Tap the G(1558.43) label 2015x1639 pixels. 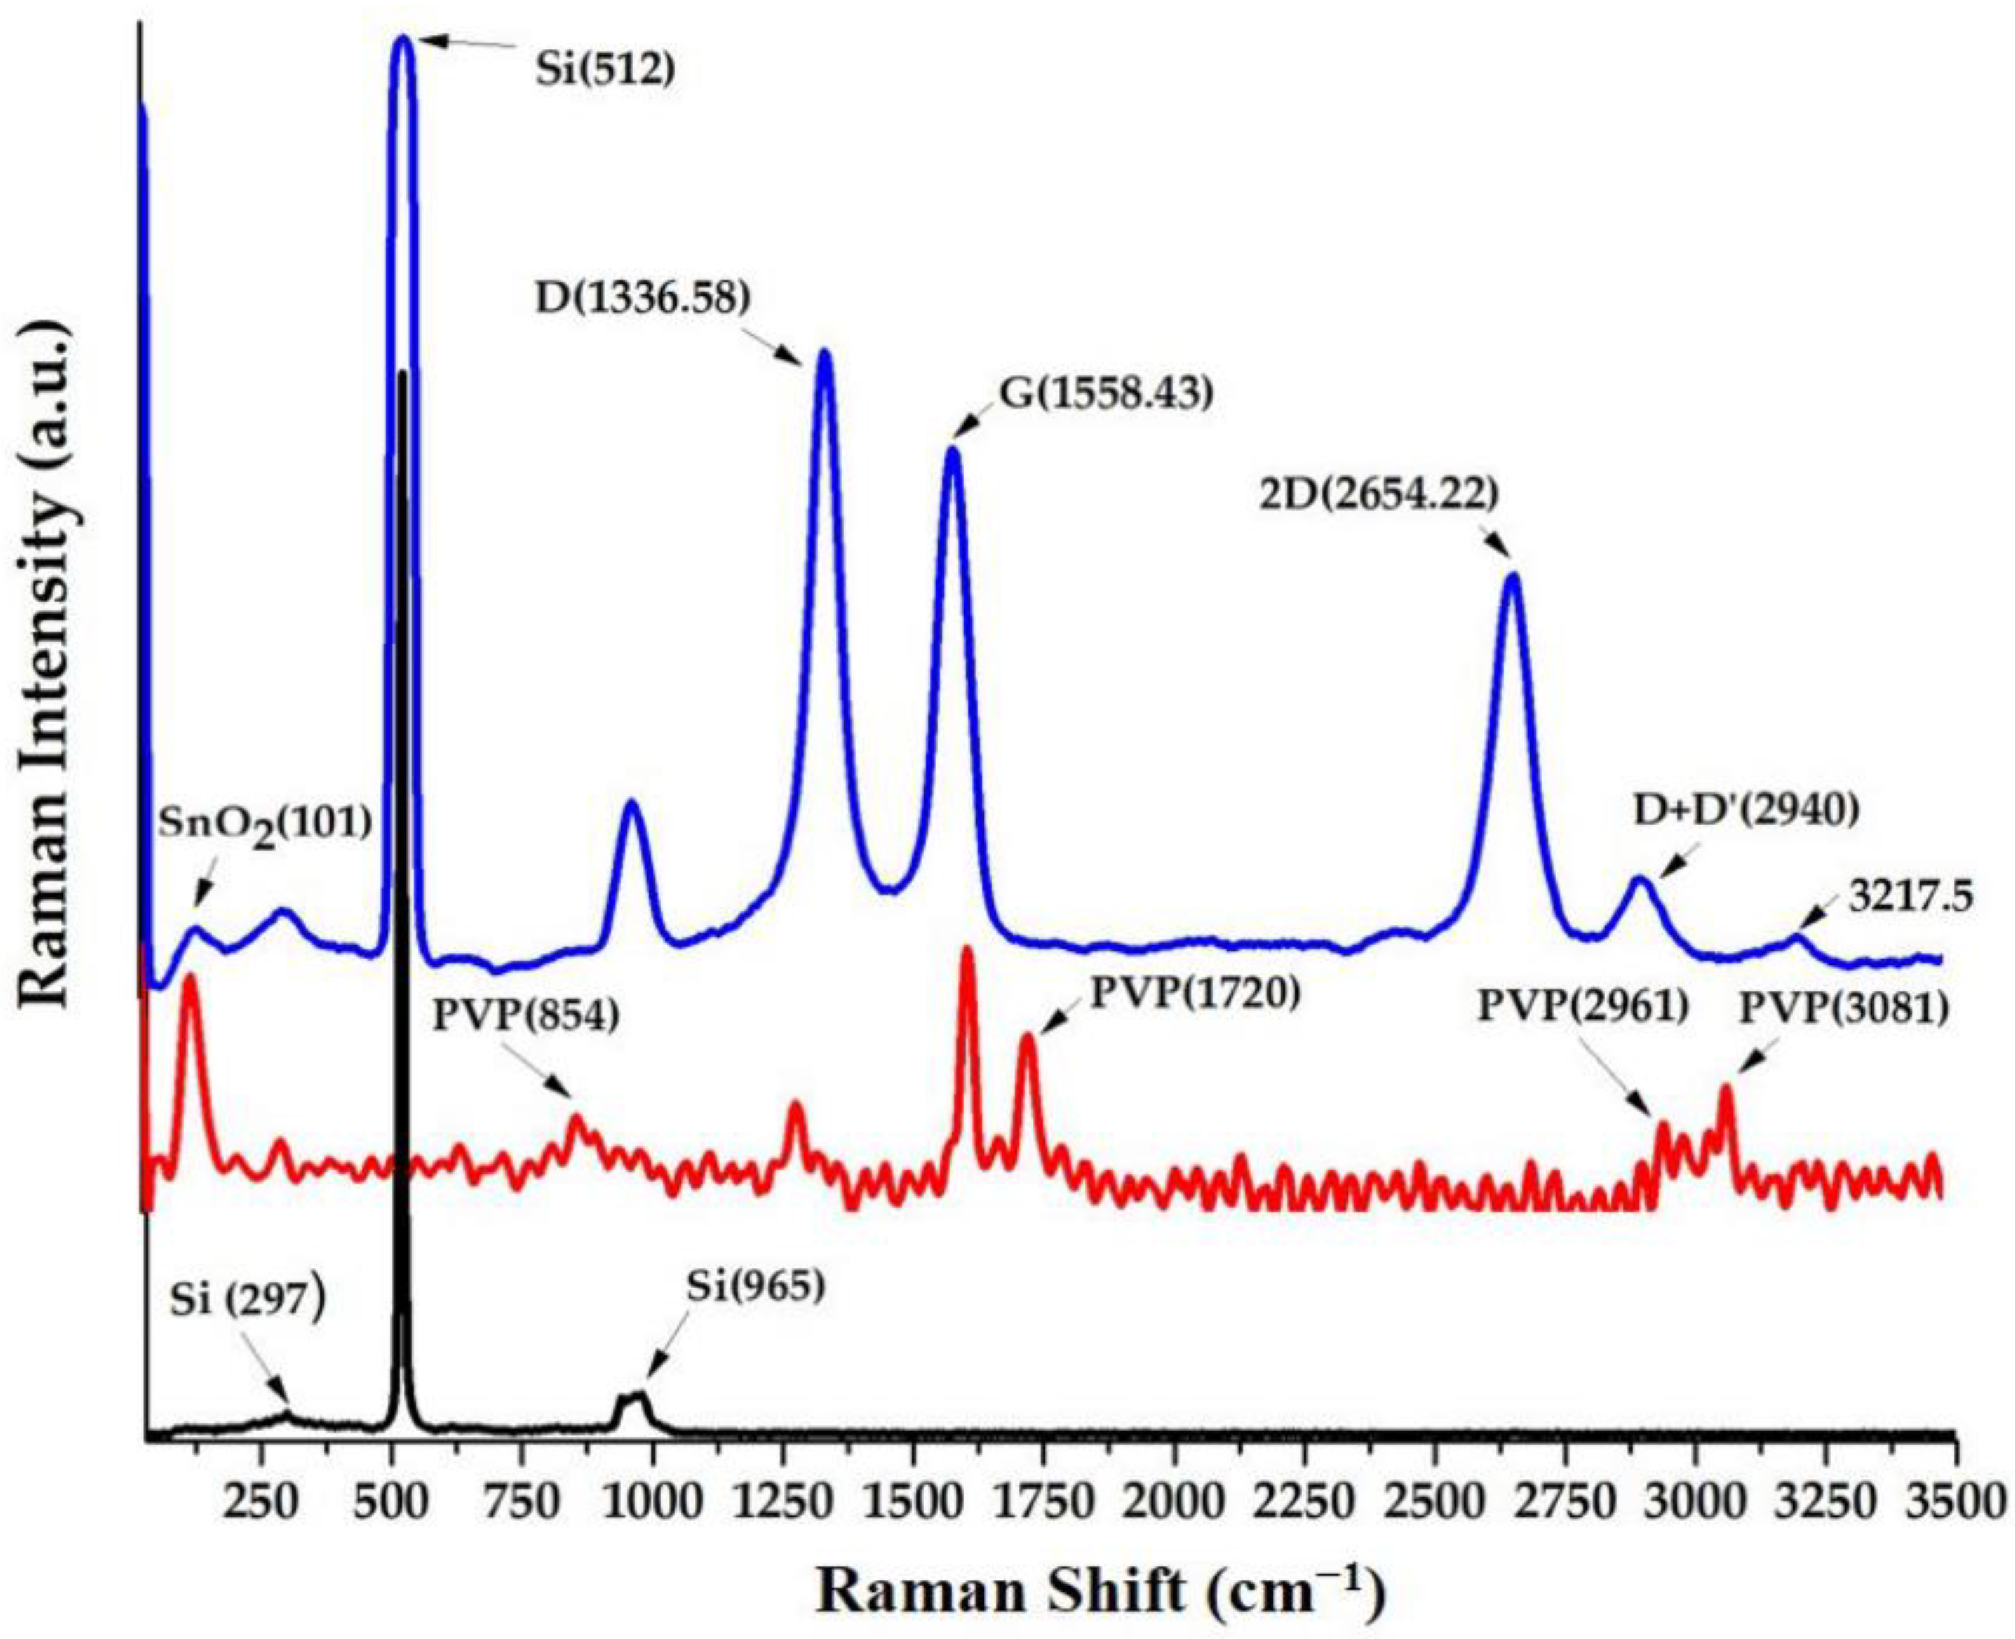[x=1105, y=395]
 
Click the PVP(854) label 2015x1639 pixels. [x=527, y=1015]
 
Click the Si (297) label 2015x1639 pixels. [x=248, y=1302]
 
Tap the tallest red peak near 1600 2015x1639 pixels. [x=967, y=951]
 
